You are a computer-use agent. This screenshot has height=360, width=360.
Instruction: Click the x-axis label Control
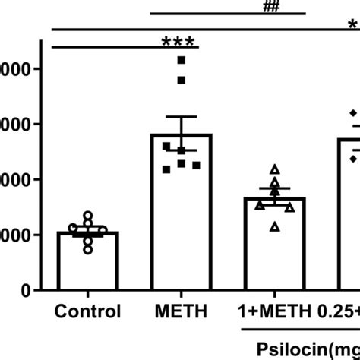click(87, 311)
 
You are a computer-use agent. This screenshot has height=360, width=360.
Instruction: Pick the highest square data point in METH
click(181, 59)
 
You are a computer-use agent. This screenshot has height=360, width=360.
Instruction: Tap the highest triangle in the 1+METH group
click(275, 169)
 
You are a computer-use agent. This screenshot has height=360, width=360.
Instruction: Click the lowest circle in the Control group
click(88, 249)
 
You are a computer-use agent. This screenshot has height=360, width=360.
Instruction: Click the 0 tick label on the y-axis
click(27, 291)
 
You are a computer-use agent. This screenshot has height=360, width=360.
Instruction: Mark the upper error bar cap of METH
click(181, 117)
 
